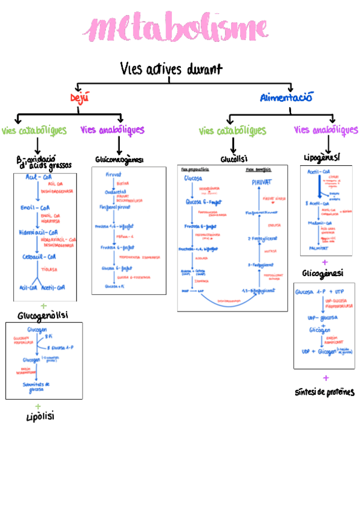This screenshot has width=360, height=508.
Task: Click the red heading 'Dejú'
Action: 78,98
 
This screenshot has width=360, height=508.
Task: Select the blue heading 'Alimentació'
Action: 286,97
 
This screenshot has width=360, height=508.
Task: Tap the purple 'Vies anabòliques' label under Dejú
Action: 112,129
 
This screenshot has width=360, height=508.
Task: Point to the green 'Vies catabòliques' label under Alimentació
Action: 232,131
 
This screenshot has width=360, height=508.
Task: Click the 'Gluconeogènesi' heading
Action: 119,160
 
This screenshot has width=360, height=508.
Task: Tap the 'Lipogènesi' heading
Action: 321,157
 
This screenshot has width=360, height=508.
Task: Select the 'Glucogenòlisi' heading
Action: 43,315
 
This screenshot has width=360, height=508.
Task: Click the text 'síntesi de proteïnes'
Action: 324,392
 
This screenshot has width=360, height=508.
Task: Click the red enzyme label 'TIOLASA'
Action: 49,270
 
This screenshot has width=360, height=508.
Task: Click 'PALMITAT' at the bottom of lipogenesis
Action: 318,247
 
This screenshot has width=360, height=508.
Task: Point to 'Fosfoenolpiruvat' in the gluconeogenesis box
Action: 114,207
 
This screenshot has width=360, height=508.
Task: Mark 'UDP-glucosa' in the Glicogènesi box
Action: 322,317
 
